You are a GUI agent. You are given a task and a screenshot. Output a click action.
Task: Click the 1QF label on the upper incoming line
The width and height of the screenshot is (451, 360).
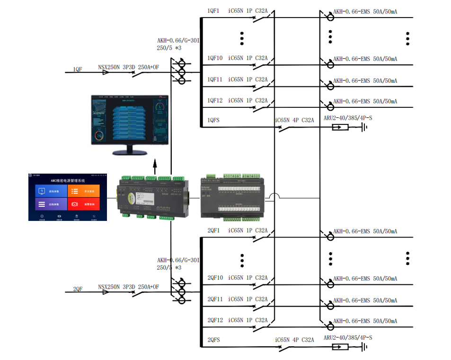pyautogui.click(x=78, y=70)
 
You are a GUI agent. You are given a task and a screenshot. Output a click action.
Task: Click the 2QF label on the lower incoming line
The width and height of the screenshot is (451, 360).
pyautogui.click(x=78, y=289)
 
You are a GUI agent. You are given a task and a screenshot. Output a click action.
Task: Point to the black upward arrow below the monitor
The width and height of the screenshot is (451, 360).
pyautogui.click(x=155, y=167)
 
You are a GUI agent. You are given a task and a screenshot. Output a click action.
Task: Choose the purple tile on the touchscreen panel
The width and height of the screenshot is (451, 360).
pyautogui.click(x=51, y=204)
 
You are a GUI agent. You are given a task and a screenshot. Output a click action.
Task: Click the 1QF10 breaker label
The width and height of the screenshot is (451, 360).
pyautogui.click(x=215, y=58)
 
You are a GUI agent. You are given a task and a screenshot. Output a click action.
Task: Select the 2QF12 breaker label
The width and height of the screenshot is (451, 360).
pyautogui.click(x=215, y=320)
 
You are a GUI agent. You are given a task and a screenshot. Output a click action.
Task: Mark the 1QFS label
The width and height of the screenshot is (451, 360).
pyautogui.click(x=213, y=120)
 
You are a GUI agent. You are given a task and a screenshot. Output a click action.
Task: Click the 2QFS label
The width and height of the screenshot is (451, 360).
pyautogui.click(x=213, y=340)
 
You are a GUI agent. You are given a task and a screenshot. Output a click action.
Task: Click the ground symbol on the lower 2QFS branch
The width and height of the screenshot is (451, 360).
pyautogui.click(x=365, y=347)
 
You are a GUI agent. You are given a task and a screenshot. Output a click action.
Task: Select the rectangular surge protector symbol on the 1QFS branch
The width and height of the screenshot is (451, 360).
pyautogui.click(x=340, y=127)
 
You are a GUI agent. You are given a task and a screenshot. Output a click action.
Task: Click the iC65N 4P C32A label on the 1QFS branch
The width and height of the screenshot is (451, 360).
pyautogui.click(x=294, y=120)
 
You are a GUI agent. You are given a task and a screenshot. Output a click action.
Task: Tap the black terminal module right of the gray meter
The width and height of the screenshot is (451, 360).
pyautogui.click(x=232, y=197)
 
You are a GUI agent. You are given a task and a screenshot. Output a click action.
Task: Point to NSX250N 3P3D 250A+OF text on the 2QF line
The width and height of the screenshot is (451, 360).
pyautogui.click(x=128, y=287)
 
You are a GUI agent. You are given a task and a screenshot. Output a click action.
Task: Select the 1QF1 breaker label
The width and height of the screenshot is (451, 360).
pyautogui.click(x=213, y=11)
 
